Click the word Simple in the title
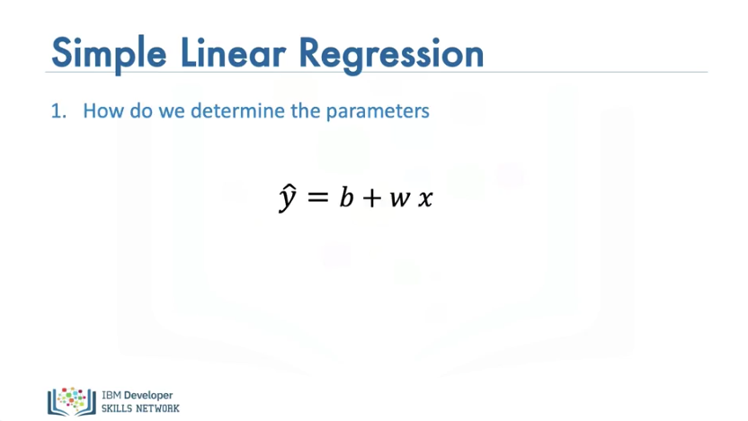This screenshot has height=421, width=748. pyautogui.click(x=109, y=54)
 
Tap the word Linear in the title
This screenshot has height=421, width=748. pyautogui.click(x=233, y=52)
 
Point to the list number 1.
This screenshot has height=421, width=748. pyautogui.click(x=58, y=111)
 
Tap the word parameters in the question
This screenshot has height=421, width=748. pyautogui.click(x=378, y=112)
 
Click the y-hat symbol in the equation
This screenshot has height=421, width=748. pyautogui.click(x=288, y=197)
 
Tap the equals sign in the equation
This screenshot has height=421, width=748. pyautogui.click(x=318, y=197)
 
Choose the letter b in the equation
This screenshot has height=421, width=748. pyautogui.click(x=346, y=196)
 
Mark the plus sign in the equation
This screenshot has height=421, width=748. pyautogui.click(x=372, y=197)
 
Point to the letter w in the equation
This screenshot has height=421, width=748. pyautogui.click(x=400, y=198)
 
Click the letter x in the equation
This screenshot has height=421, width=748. pyautogui.click(x=425, y=198)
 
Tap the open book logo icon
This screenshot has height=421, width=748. pyautogui.click(x=72, y=401)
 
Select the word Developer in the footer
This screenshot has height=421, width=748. pyautogui.click(x=148, y=396)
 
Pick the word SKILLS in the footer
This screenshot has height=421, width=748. pyautogui.click(x=116, y=408)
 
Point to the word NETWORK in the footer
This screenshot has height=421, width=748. pyautogui.click(x=157, y=408)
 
